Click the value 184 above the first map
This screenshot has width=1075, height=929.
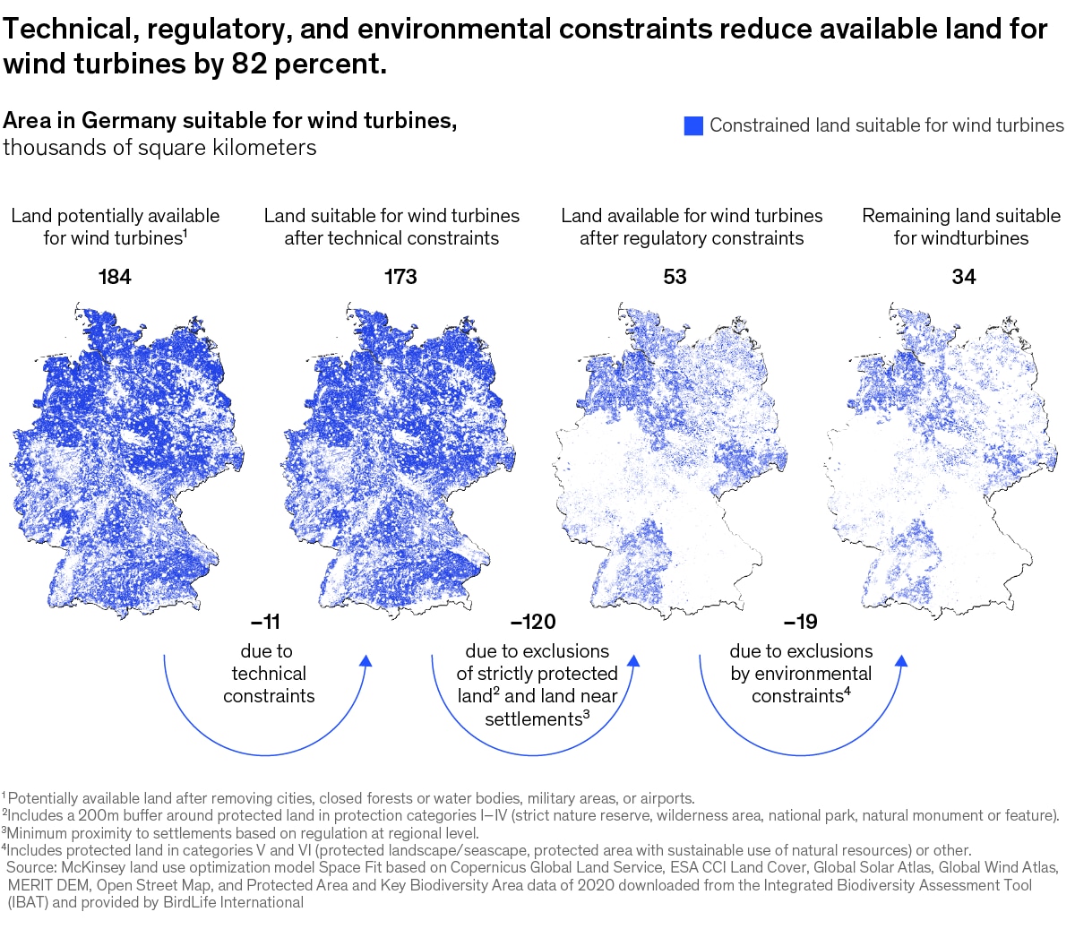tap(115, 277)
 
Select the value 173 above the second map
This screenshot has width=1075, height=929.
tap(400, 277)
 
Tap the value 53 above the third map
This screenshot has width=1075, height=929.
tap(675, 277)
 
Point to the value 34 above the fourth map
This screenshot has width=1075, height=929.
tap(963, 277)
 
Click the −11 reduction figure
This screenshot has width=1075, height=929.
tap(265, 622)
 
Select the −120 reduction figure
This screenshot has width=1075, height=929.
tap(532, 622)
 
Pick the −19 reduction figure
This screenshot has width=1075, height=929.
tap(800, 622)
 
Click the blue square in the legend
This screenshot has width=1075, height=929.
tap(693, 126)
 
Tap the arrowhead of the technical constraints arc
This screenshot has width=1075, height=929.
tap(365, 661)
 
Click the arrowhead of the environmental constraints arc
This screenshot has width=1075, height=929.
tap(901, 661)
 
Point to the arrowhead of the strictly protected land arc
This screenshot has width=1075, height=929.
tap(633, 661)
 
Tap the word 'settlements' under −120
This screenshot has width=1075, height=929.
tap(533, 719)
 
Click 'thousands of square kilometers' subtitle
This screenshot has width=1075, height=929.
tap(159, 148)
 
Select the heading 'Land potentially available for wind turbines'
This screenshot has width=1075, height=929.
tap(115, 227)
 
